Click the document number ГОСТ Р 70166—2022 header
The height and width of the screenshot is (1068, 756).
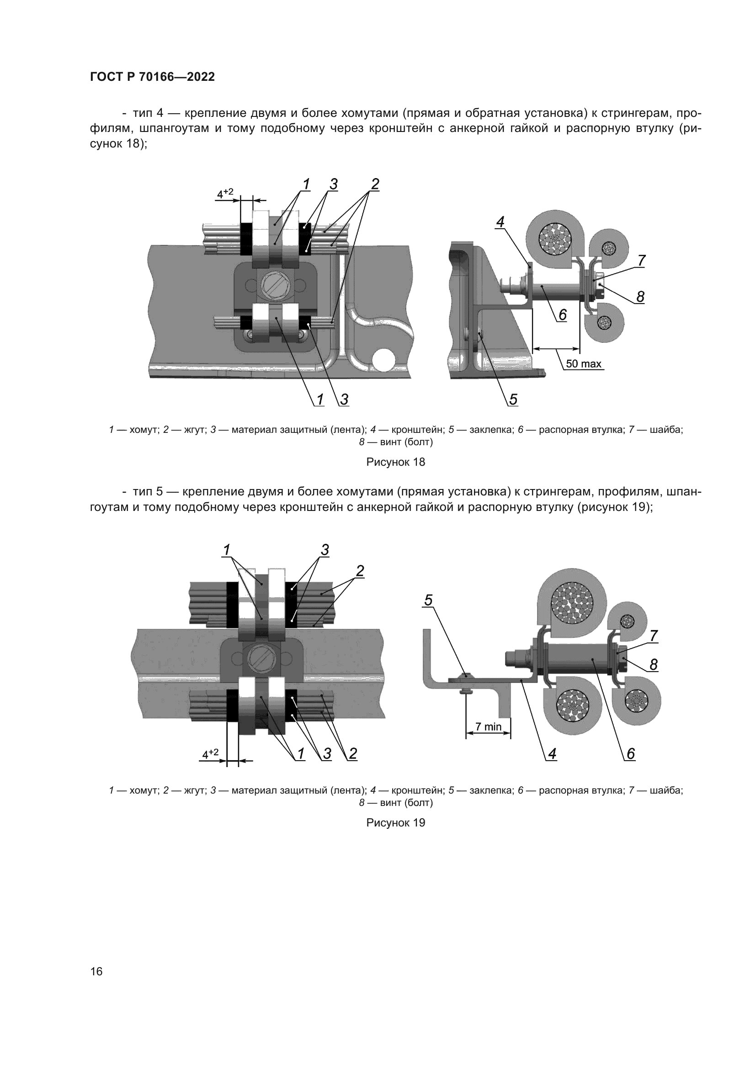click(x=153, y=77)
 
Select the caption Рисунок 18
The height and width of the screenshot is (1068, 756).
click(x=396, y=463)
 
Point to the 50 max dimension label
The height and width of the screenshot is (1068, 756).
click(x=584, y=364)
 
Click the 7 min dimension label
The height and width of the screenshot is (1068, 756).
click(x=488, y=726)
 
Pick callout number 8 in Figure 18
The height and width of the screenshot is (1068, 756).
click(x=640, y=297)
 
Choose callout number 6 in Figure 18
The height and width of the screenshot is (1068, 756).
click(x=563, y=315)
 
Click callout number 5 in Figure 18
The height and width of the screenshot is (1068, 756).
click(x=513, y=399)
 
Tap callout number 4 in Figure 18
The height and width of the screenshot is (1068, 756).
click(x=500, y=222)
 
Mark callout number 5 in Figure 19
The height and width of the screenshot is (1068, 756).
click(x=428, y=600)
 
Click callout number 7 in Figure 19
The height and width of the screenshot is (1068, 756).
click(x=654, y=636)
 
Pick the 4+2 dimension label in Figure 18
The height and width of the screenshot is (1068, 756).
click(x=225, y=193)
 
